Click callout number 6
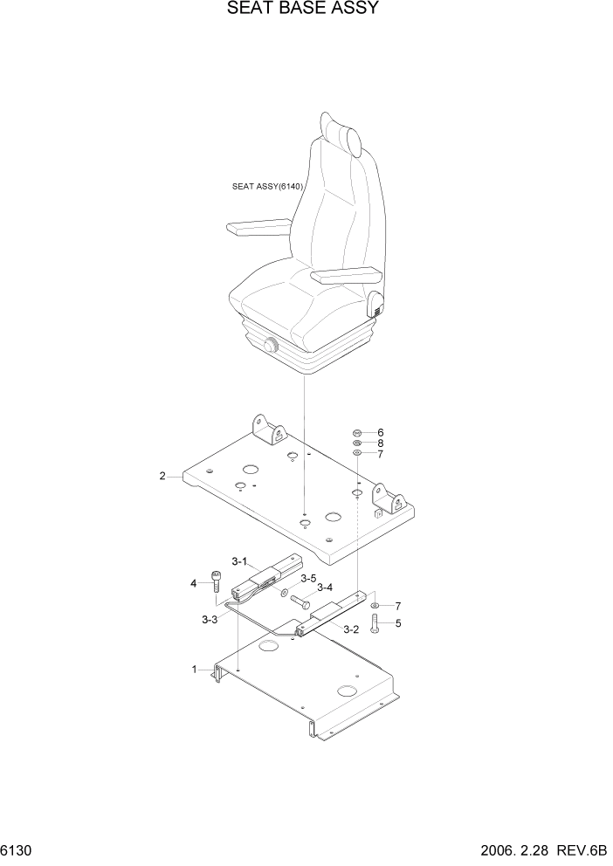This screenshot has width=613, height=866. [381, 433]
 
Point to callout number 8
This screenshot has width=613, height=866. [381, 443]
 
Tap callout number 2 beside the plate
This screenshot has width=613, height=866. [162, 476]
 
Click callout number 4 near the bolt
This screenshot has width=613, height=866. [193, 582]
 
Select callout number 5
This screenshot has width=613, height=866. [398, 623]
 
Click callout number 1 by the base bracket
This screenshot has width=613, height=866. [195, 670]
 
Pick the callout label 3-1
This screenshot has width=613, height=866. [240, 561]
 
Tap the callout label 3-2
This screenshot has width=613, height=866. [351, 629]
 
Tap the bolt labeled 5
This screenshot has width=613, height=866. [375, 622]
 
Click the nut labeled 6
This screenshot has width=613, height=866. [358, 433]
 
